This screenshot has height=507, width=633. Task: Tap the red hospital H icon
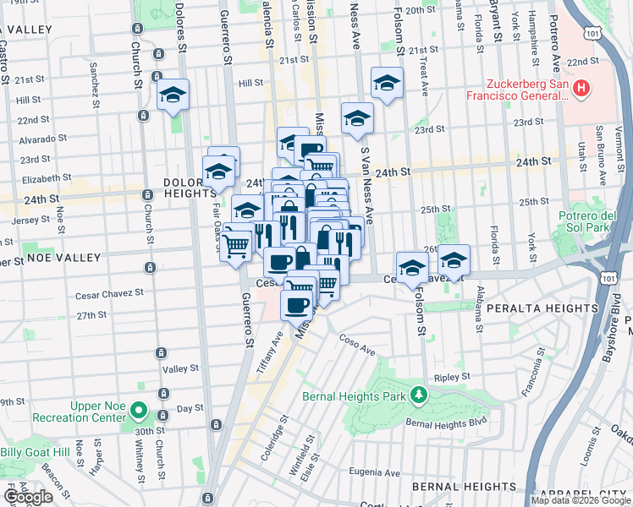pos(581,88)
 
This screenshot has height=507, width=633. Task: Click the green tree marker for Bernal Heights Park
pos(417,395)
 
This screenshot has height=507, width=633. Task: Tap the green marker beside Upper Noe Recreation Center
pos(140,413)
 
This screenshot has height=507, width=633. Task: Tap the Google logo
pos(28,497)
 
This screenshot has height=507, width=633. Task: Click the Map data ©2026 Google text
pos(581,500)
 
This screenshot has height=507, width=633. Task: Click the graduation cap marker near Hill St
pos(173,95)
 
